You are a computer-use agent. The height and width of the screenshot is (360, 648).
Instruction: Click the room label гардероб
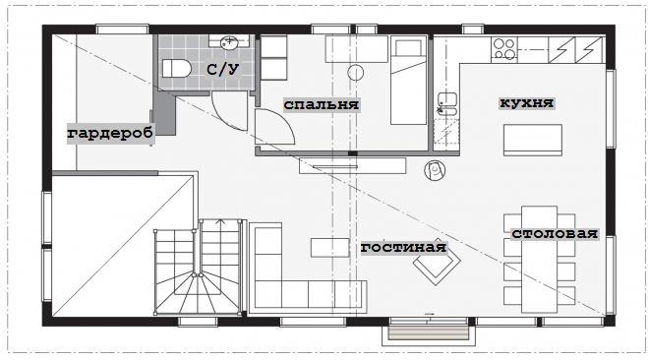tap(110, 133)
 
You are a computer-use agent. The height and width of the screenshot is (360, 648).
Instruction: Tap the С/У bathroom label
tap(223, 69)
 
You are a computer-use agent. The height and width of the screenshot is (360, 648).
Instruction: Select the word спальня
tap(322, 104)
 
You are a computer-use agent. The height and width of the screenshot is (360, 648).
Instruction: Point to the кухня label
tap(526, 102)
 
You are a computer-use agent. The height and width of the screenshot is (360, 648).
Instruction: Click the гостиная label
tap(404, 247)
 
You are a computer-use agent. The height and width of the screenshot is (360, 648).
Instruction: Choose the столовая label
tap(555, 233)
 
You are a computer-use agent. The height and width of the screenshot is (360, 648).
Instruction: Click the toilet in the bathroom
tap(176, 69)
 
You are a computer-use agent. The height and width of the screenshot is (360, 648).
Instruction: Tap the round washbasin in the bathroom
tap(228, 42)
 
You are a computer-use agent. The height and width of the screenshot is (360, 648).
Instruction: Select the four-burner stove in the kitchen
tap(504, 49)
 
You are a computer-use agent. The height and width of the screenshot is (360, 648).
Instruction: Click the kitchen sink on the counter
tap(447, 103)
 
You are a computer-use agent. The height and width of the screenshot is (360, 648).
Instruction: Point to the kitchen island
tap(532, 140)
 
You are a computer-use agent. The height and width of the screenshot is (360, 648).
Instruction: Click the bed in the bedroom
tap(409, 81)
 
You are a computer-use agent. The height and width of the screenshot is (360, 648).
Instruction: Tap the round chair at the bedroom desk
tap(355, 73)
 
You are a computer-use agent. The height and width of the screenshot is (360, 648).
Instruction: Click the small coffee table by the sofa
tap(329, 247)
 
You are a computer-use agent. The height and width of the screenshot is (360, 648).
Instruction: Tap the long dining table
tap(539, 259)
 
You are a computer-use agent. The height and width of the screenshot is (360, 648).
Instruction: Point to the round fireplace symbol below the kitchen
tap(435, 170)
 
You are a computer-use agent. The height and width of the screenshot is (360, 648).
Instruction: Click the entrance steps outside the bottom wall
tap(429, 333)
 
